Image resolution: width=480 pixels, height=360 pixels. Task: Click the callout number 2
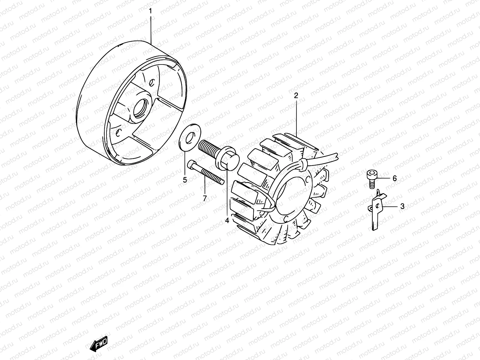point(296,96)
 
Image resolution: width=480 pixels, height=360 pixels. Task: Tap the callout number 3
point(402,206)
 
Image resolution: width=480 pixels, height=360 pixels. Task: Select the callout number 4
point(227,221)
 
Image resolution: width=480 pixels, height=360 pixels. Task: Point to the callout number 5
point(185,180)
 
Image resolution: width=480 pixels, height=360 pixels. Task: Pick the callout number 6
point(394,178)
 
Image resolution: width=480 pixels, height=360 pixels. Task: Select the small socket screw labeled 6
point(371,179)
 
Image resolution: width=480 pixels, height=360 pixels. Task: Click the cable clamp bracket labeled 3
point(377,210)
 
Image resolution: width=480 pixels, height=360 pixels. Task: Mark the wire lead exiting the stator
point(324,159)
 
